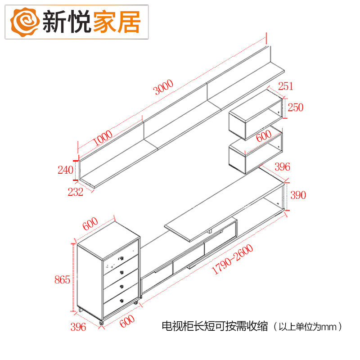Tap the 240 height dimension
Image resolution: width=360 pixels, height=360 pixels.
66,170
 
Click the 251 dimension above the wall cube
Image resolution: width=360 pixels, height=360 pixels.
285,86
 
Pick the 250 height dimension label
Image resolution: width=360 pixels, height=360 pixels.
295,108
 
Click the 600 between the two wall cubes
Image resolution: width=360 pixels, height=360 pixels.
264,135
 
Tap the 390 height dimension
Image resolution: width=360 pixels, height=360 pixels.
297,195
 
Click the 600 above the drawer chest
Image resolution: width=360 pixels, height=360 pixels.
90,223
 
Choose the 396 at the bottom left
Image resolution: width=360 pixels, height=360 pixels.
79,327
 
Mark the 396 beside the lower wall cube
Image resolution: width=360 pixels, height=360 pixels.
282,167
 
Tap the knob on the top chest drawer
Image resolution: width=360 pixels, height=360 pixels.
121,259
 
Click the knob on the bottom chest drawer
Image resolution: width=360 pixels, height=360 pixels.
122,300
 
